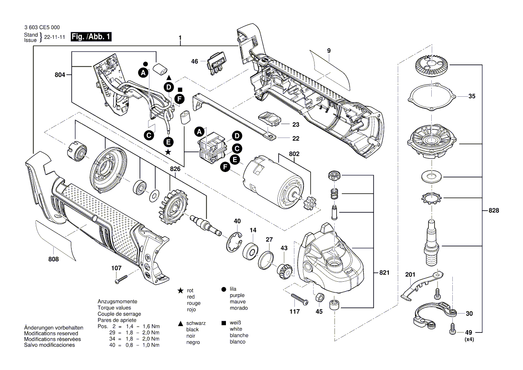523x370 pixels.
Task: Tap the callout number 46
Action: [195, 61]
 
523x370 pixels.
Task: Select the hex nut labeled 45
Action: [319, 297]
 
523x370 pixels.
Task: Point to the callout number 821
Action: [384, 273]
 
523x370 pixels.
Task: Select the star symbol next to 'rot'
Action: [180, 291]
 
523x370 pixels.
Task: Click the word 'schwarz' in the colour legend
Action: [196, 323]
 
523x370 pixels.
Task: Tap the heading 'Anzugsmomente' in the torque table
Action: [117, 301]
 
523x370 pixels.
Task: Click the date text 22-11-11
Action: [54, 38]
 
